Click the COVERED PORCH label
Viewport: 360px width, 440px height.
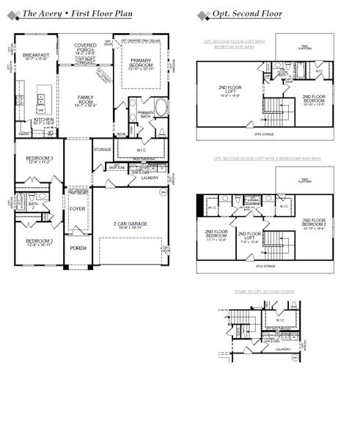85,48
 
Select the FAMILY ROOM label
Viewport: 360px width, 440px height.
86,100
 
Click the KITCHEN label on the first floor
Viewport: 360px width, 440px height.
43,120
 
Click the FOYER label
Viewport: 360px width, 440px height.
78,209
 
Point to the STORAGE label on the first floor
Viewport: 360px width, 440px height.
103,150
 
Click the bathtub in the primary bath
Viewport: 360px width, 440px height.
161,108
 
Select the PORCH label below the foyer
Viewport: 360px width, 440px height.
78,248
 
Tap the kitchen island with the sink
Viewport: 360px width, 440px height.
43,97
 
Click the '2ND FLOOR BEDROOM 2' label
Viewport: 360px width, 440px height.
312,224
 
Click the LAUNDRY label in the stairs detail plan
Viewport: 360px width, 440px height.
283,349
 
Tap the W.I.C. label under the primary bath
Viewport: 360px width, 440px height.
142,151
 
